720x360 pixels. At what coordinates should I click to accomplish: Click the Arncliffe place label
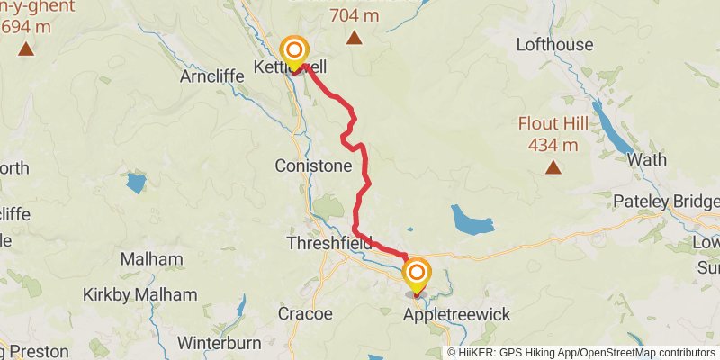pyautogui.click(x=206, y=76)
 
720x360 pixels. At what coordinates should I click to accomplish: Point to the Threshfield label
pyautogui.click(x=328, y=243)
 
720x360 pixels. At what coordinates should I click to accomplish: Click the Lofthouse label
pyautogui.click(x=553, y=45)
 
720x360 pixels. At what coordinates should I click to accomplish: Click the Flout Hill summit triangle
pyautogui.click(x=553, y=167)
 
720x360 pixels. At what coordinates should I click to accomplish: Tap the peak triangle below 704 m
pyautogui.click(x=355, y=39)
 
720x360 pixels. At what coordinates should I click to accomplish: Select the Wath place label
pyautogui.click(x=647, y=159)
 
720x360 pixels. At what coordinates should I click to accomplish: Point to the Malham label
pyautogui.click(x=157, y=259)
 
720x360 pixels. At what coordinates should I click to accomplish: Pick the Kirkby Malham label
pyautogui.click(x=139, y=294)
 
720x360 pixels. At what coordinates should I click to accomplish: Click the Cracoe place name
pyautogui.click(x=304, y=314)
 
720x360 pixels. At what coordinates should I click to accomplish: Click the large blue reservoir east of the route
pyautogui.click(x=472, y=219)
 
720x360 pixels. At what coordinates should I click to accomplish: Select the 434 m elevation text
pyautogui.click(x=553, y=145)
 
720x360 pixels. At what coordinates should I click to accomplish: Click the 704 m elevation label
pyautogui.click(x=355, y=16)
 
